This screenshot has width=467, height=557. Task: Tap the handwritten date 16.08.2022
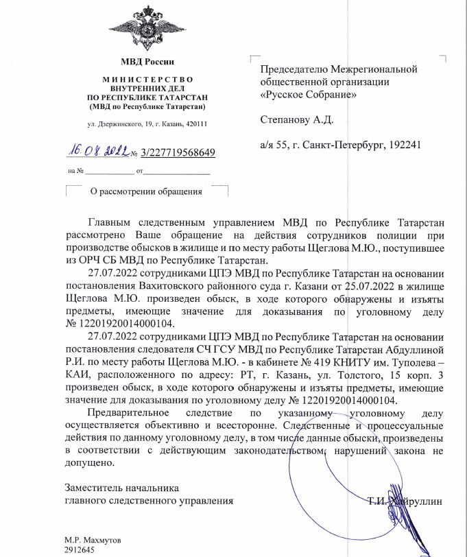(x=97, y=151)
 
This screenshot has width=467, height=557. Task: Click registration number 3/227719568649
(x=178, y=152)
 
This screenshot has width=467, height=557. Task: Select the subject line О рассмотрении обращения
(x=146, y=191)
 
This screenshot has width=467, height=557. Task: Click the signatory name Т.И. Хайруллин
(x=405, y=501)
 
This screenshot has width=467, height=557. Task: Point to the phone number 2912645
(x=79, y=550)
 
